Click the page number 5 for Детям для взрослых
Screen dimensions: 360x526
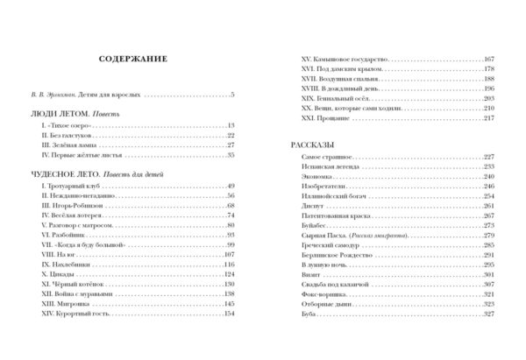click(232, 94)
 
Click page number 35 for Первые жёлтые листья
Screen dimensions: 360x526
click(231, 155)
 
